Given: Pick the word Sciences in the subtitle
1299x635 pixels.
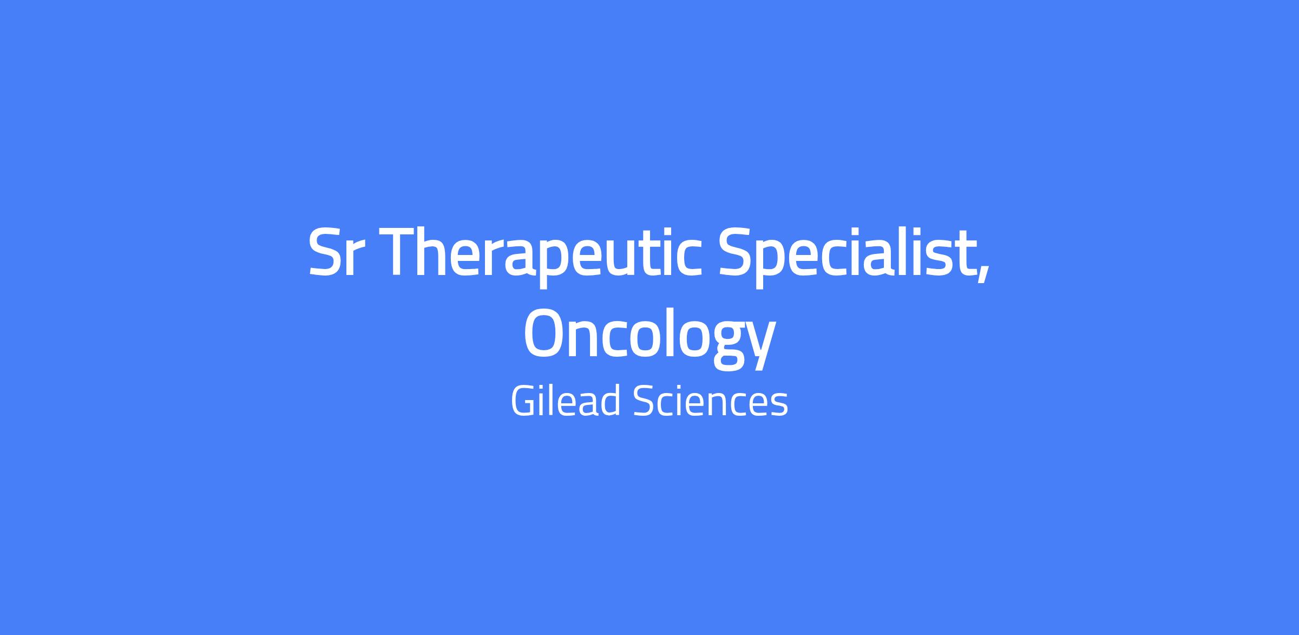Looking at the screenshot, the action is click(710, 402).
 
